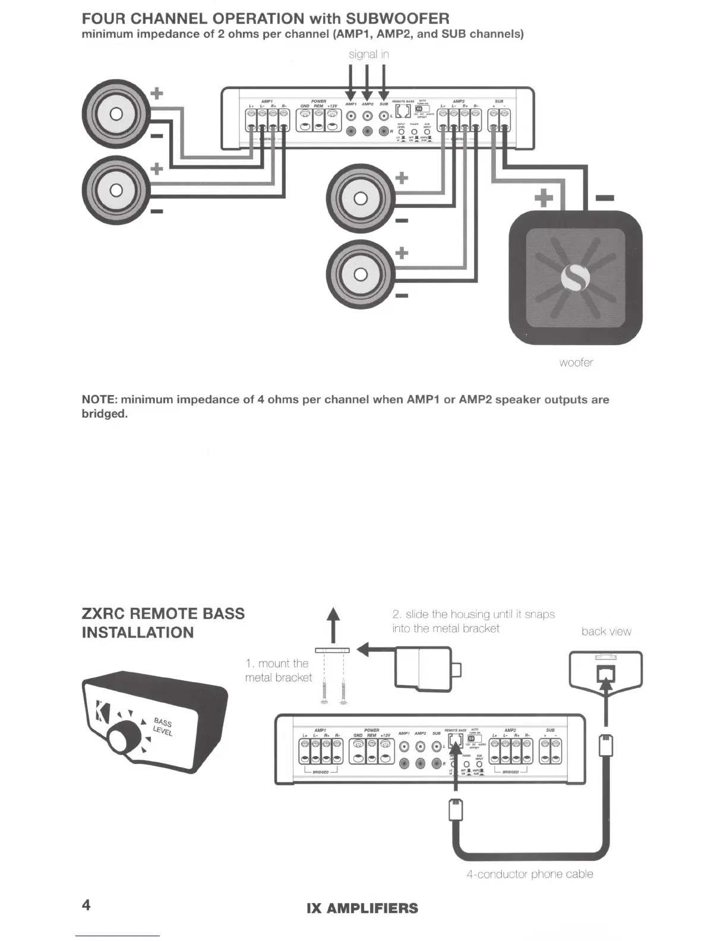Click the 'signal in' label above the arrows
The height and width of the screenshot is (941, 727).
(368, 54)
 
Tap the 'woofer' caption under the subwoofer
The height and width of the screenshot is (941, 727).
(576, 362)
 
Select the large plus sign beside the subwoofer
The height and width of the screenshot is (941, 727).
(544, 198)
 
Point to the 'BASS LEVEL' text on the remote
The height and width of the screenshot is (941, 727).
(162, 727)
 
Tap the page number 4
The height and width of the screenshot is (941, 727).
(86, 905)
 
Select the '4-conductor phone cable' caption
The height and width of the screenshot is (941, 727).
(529, 874)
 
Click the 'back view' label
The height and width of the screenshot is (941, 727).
(606, 631)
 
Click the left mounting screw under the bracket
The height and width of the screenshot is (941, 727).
(324, 689)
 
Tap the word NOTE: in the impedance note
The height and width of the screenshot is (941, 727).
(99, 399)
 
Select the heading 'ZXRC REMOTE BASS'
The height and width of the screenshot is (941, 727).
(163, 614)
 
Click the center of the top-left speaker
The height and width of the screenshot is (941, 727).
(116, 113)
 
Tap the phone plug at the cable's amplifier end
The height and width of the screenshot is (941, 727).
(455, 810)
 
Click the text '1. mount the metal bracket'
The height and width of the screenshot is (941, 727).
(278, 671)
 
